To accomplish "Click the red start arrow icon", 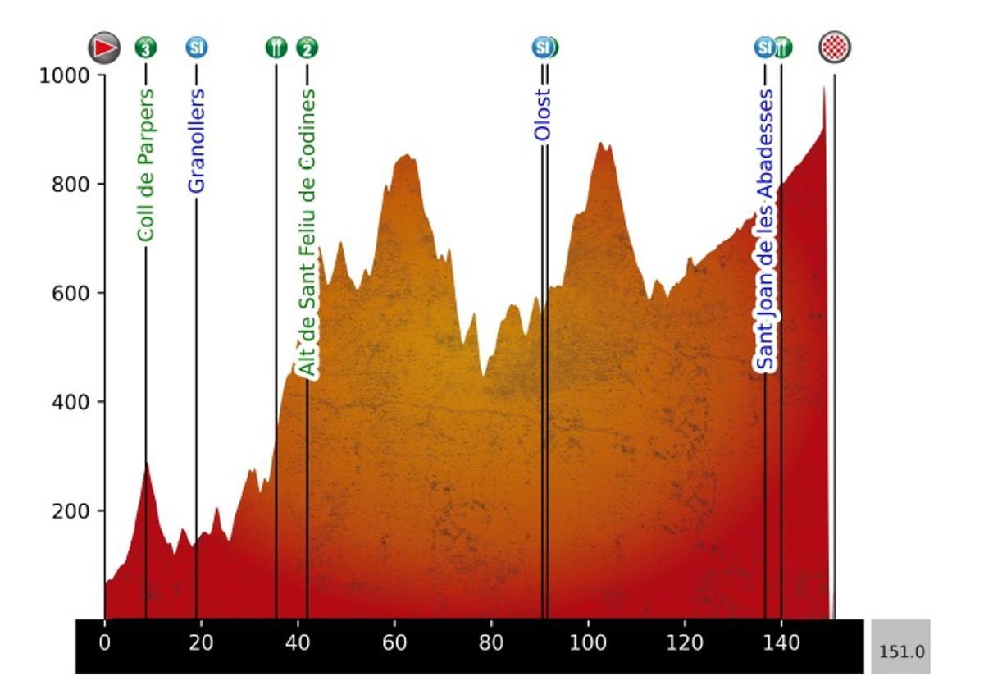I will pos(105,48).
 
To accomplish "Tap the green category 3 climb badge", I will pos(146,48).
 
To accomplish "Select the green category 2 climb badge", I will pos(307,48).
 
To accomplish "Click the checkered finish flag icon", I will pos(835,48).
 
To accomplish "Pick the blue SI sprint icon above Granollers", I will pos(196,48).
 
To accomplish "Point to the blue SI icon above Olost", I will pos(541,48).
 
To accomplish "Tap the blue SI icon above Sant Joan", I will pos(764,48).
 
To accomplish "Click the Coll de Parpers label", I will pos(146,165).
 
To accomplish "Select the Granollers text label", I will pos(196,140).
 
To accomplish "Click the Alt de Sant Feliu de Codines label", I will pos(307,234).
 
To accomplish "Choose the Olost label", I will pos(542,115).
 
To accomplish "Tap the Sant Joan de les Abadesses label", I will pos(765,230).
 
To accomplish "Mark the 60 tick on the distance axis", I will pos(394,643).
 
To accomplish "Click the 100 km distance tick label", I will pos(588,643).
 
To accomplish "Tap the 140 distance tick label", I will pos(781,643).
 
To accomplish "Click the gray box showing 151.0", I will pos(900,652).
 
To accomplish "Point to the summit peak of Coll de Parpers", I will pos(147,464).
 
